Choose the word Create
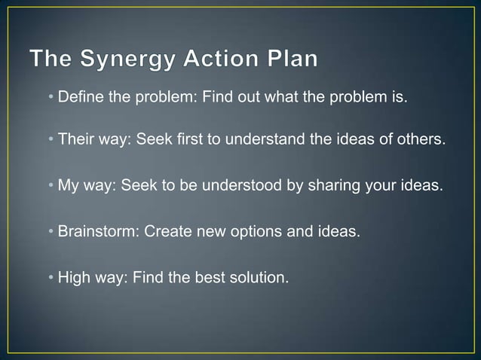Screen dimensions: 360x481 [x=166, y=231]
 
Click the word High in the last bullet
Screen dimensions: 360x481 [x=73, y=277]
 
